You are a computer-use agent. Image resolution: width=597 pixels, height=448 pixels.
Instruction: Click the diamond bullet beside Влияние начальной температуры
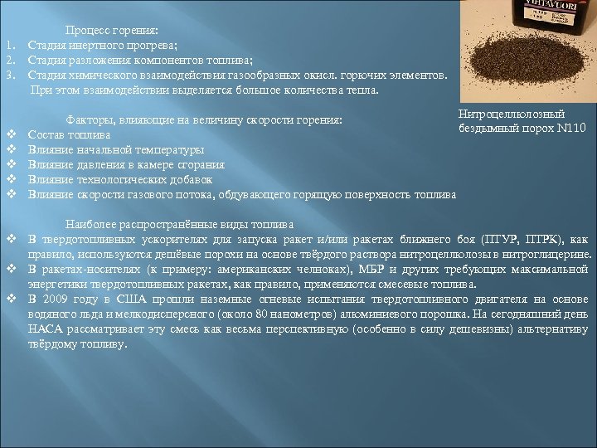tap(12, 149)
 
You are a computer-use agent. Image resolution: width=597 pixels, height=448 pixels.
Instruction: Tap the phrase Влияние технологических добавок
tap(120, 179)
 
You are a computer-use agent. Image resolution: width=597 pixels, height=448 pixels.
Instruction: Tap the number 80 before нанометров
tap(263, 314)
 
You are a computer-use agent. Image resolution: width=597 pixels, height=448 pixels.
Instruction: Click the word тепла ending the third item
tap(362, 90)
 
